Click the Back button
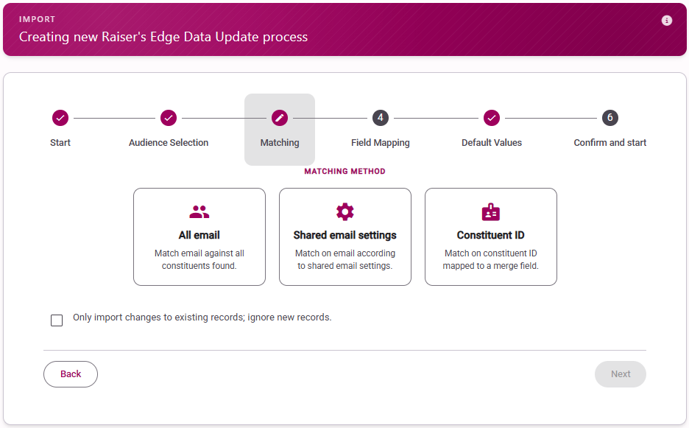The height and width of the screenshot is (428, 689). pos(71,374)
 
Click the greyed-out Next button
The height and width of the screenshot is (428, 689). pos(621,374)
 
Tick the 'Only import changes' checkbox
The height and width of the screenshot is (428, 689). pos(57,320)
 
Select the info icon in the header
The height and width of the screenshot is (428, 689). pos(667,20)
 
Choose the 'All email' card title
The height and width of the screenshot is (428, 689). pos(199,235)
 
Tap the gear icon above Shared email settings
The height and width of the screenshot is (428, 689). pos(345,211)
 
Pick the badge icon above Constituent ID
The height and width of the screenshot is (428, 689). pos(491,211)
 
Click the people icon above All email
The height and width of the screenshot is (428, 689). pos(199,212)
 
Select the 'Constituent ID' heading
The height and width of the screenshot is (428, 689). pos(491,235)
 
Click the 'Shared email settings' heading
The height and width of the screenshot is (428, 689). pos(345,235)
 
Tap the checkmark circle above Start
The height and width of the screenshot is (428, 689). pos(60,118)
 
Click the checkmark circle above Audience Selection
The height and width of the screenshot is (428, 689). pos(169,118)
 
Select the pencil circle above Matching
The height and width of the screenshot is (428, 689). pos(280,118)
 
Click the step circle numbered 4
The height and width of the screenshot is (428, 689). pos(381,118)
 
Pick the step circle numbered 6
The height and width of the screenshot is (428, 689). pos(610,118)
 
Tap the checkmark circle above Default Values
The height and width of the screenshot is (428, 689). pos(492,118)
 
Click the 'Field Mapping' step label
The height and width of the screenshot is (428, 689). pos(381,142)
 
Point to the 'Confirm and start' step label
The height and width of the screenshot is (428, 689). pos(610,142)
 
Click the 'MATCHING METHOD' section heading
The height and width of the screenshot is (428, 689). pos(345,171)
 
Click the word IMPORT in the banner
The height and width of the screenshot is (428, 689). pos(37,19)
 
